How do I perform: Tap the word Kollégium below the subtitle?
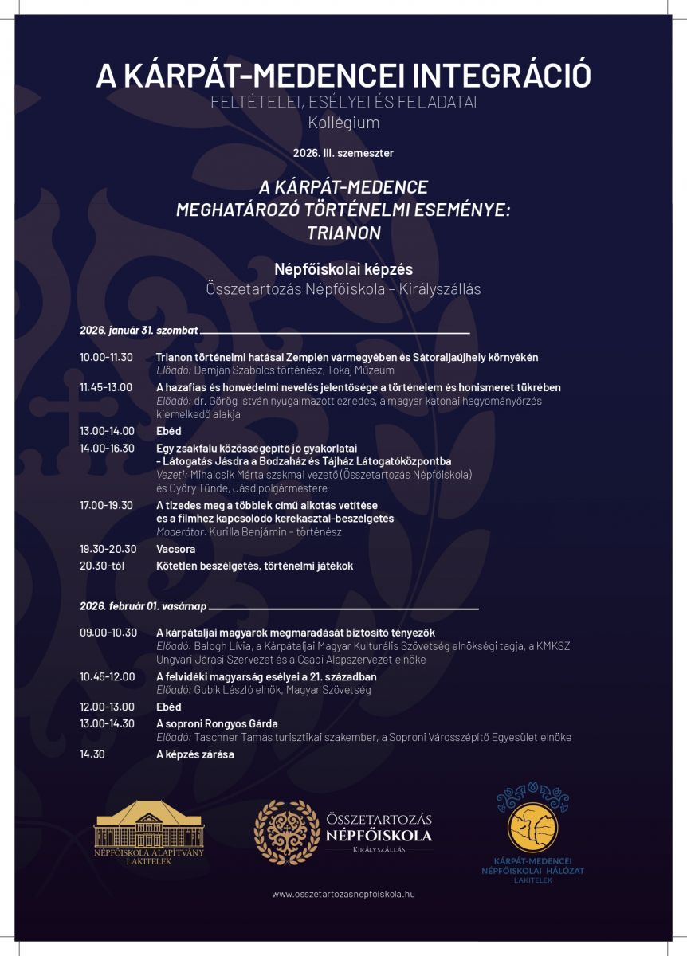coord(343,123)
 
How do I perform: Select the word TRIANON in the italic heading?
coord(343,233)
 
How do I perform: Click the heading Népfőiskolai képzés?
coord(343,269)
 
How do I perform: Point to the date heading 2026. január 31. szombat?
coord(139,330)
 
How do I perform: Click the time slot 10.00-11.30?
coord(106,357)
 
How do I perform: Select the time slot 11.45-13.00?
coord(106,387)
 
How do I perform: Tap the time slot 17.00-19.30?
coord(106,505)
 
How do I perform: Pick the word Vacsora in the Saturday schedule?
coord(175,549)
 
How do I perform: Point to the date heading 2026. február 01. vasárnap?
coord(143,606)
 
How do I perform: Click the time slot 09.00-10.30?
coord(108,633)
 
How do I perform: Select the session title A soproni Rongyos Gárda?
coord(217,723)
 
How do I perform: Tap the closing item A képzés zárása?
coord(194,754)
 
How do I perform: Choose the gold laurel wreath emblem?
coord(285,833)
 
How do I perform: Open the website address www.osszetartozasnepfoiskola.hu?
coord(343,894)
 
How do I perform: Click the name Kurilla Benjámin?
coord(254,531)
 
